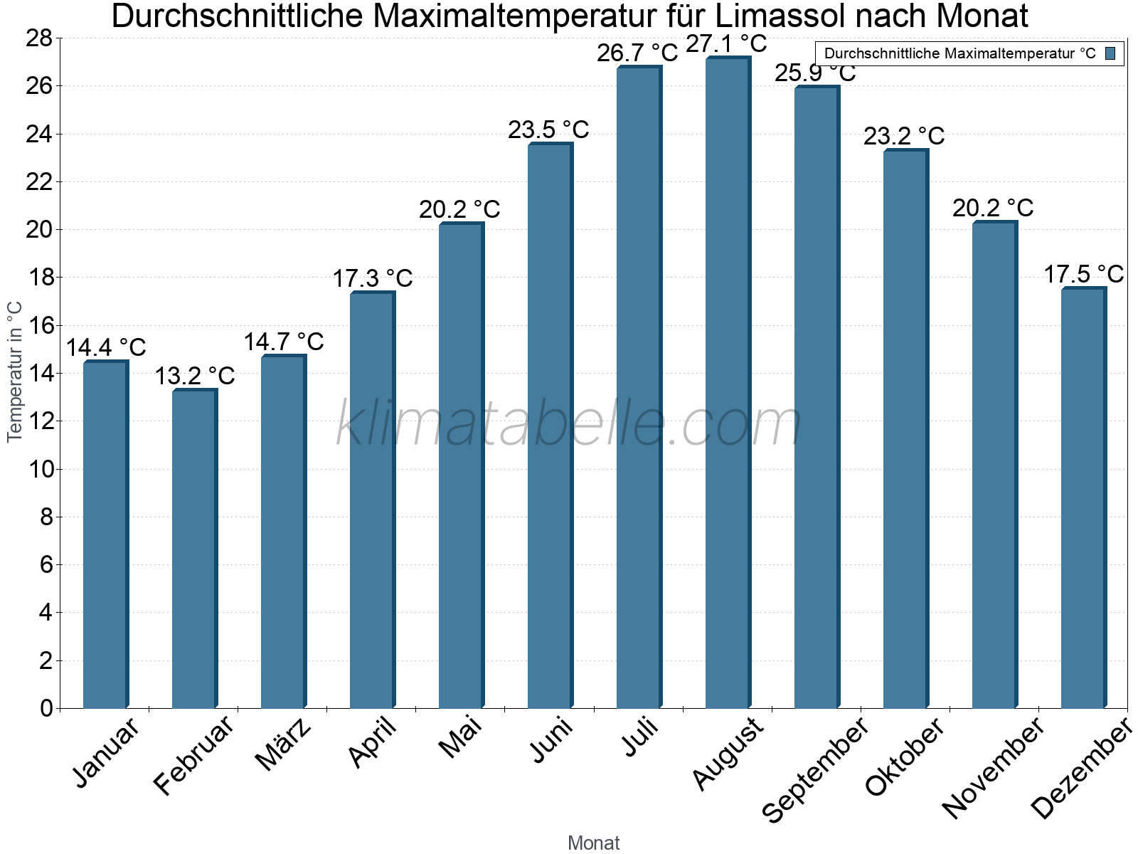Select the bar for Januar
[x=105, y=534]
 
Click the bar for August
[x=728, y=384]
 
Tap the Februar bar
[x=194, y=548]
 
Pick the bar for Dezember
[x=1083, y=498]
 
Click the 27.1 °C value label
[x=726, y=44]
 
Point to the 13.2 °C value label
[x=195, y=376]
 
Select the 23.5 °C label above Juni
[x=548, y=130]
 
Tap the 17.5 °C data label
[x=1083, y=274]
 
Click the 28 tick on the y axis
[x=40, y=38]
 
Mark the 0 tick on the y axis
[x=47, y=708]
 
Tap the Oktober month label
[x=905, y=757]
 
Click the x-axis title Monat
[x=593, y=843]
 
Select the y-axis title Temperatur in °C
[x=15, y=371]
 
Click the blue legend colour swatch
[x=1111, y=53]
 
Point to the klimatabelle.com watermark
[x=569, y=424]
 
